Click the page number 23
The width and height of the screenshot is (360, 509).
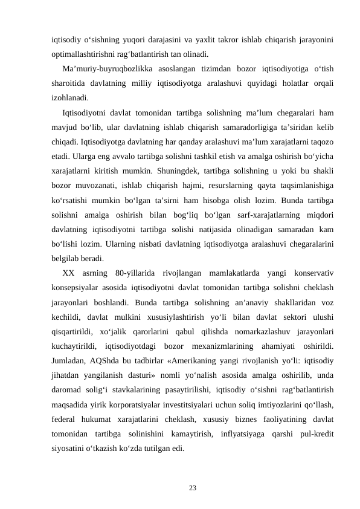(x=192, y=487)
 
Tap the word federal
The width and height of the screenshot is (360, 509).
(x=65, y=420)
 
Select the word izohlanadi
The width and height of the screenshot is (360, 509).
(x=69, y=97)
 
